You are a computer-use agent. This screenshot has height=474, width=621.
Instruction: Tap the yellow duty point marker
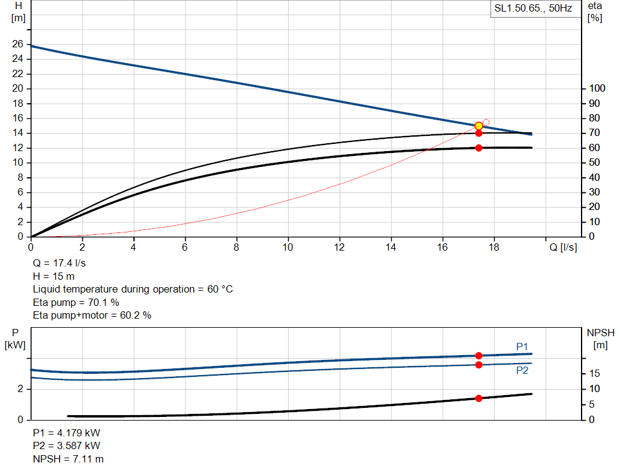pyautogui.click(x=478, y=126)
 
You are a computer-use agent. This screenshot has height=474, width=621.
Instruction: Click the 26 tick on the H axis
pyautogui.click(x=18, y=44)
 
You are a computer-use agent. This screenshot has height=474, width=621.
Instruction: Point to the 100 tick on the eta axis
pyautogui.click(x=597, y=89)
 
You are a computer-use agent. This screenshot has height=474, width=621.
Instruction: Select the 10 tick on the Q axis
pyautogui.click(x=288, y=247)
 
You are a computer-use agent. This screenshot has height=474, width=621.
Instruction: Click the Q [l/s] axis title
pyautogui.click(x=563, y=247)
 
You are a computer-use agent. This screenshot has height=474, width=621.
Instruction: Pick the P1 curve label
pyautogui.click(x=522, y=347)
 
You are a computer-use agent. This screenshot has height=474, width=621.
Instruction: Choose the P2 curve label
pyautogui.click(x=522, y=370)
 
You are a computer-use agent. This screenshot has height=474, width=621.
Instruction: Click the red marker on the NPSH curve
pyautogui.click(x=478, y=398)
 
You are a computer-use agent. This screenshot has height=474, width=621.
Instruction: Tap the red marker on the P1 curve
pyautogui.click(x=478, y=356)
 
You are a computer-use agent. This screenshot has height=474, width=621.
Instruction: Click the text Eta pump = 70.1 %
pyautogui.click(x=76, y=302)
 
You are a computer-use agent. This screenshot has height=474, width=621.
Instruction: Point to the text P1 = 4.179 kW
pyautogui.click(x=67, y=433)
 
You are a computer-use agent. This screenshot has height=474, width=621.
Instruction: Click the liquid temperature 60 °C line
pyautogui.click(x=133, y=289)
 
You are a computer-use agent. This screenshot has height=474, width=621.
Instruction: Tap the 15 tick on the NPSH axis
pyautogui.click(x=596, y=374)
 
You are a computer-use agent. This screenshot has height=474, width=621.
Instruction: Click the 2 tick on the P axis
pyautogui.click(x=21, y=389)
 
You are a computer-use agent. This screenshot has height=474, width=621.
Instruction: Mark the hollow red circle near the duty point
pyautogui.click(x=486, y=123)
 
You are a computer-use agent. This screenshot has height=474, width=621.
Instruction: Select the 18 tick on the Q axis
pyautogui.click(x=494, y=247)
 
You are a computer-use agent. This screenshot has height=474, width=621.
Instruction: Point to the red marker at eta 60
pyautogui.click(x=478, y=148)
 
